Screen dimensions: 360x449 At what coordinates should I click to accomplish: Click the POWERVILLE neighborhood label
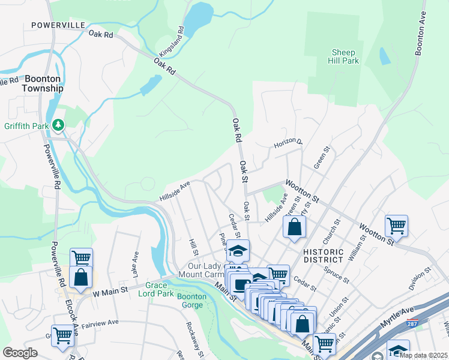(x=58, y=26)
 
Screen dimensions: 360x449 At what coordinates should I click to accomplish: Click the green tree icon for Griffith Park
(x=58, y=125)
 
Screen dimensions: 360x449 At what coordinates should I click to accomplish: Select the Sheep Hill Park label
(x=343, y=56)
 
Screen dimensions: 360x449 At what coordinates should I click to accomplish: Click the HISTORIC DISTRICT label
(x=323, y=256)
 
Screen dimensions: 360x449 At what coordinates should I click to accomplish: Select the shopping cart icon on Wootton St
(x=396, y=226)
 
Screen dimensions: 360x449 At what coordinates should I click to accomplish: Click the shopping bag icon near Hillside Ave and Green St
(x=294, y=227)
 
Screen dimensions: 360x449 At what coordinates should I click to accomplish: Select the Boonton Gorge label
(x=192, y=301)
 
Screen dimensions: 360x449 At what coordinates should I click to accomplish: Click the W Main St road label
(x=110, y=290)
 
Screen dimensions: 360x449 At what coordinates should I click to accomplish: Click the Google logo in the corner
(x=20, y=352)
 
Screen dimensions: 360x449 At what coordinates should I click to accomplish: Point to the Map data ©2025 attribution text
(x=423, y=355)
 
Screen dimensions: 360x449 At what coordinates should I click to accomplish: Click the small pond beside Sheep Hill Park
(x=384, y=56)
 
